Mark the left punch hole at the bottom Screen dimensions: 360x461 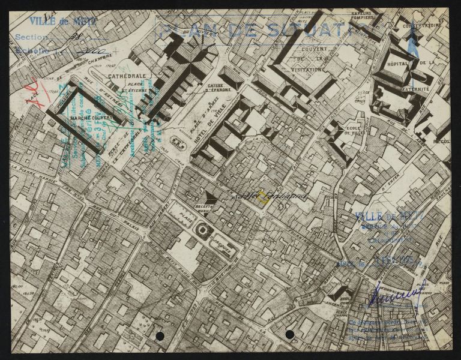(x=160, y=335)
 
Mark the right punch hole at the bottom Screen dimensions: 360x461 (x=289, y=334)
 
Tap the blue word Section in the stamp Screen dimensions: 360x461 (x=32, y=37)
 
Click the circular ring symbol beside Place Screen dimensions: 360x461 (x=204, y=229)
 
